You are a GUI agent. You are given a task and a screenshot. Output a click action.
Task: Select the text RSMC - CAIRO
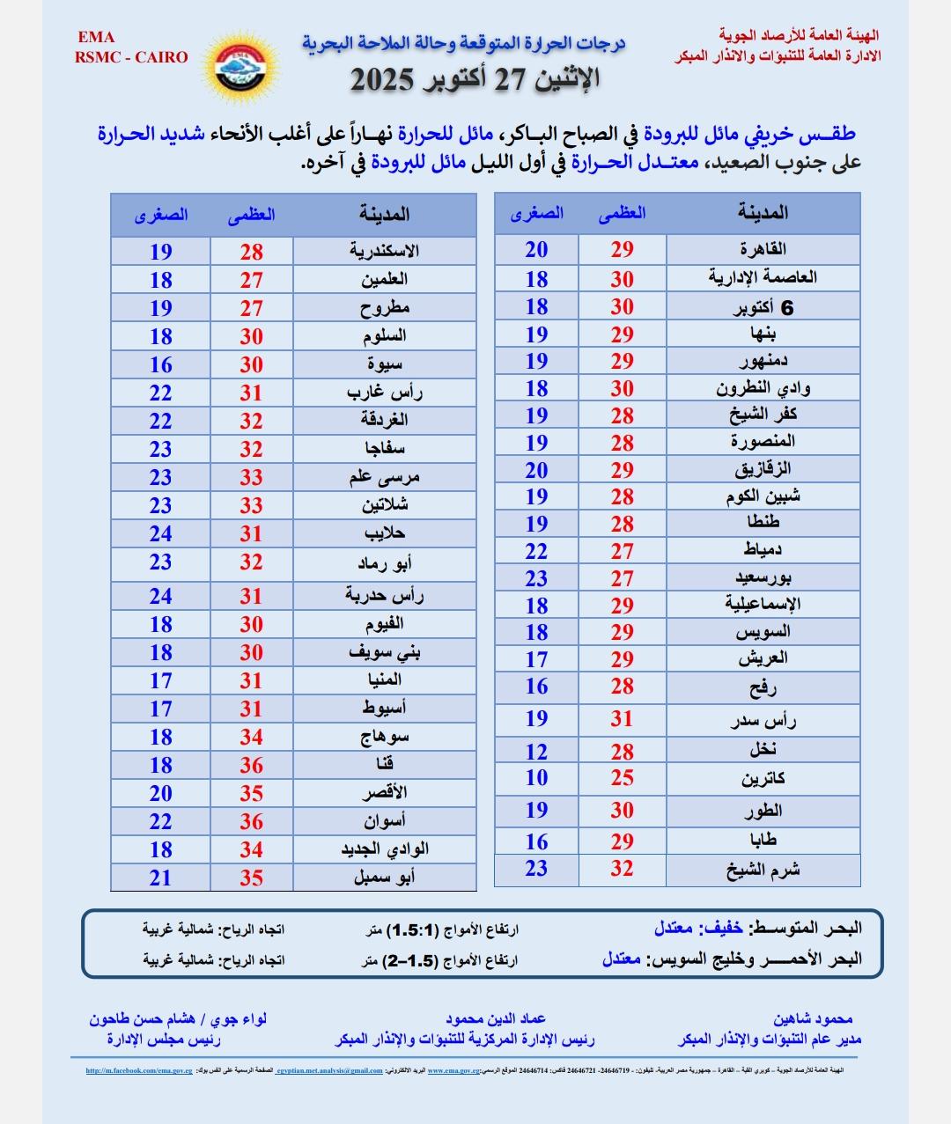click(x=131, y=57)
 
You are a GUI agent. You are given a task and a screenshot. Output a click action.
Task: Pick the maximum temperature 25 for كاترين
click(x=623, y=778)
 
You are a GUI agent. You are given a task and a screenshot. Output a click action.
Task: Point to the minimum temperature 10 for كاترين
click(x=536, y=778)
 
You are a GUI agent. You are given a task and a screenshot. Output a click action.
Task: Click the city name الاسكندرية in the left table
click(x=384, y=251)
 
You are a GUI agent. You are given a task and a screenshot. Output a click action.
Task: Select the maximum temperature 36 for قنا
click(x=252, y=765)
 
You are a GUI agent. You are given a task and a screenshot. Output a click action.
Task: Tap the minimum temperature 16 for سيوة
click(x=160, y=364)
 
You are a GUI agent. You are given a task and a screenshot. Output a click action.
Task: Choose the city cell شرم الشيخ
click(x=763, y=870)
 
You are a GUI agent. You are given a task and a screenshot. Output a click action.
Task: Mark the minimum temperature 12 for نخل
click(x=536, y=752)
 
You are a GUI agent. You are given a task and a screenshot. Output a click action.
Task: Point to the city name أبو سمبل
click(x=384, y=878)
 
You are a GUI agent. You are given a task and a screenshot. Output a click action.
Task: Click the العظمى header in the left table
click(x=252, y=215)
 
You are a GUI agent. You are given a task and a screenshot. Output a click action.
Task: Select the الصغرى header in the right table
click(x=536, y=213)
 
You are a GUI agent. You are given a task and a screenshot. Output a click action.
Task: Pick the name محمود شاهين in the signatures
click(x=813, y=1019)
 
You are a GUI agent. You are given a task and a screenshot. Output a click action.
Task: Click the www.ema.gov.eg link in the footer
click(x=453, y=1071)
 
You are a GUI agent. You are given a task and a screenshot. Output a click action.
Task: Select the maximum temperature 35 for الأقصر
click(x=252, y=793)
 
